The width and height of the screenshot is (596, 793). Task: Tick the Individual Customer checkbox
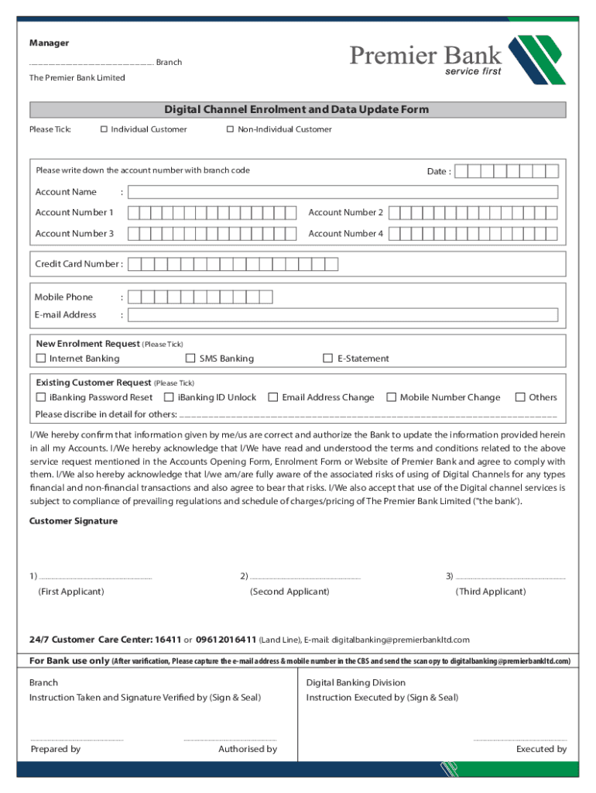coord(104,129)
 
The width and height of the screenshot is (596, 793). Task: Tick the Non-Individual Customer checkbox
coord(230,129)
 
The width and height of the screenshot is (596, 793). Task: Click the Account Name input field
coord(342,192)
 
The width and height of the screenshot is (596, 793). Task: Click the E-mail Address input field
coord(342,315)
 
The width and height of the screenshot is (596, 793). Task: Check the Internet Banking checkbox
coord(41,359)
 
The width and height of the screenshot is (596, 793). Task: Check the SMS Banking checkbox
coord(190,359)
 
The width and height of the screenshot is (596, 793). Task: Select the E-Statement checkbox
coord(328,359)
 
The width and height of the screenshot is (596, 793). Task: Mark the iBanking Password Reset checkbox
coord(41,397)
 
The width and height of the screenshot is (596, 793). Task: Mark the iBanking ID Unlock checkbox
coord(169,397)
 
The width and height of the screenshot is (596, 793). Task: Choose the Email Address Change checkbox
coord(273,397)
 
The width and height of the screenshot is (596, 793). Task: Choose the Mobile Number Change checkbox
coord(392,397)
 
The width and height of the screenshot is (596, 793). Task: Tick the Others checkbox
coord(520,397)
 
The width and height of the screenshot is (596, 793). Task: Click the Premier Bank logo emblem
coord(536,60)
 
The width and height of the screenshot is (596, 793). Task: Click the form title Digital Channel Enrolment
coord(296,110)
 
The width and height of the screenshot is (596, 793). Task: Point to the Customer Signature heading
coord(74,521)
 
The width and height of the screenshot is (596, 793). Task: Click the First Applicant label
coord(71,592)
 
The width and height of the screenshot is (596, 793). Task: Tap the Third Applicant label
coord(491,592)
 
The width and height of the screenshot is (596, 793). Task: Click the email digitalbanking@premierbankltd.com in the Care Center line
coord(400,640)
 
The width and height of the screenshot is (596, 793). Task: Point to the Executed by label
coord(541,749)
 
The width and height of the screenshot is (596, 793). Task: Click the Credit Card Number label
coord(78,264)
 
